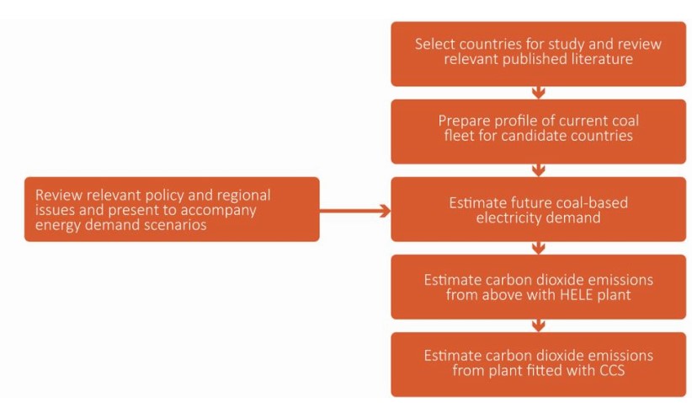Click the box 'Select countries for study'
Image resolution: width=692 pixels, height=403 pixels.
point(538,53)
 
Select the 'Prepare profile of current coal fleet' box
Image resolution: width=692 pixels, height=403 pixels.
point(538,131)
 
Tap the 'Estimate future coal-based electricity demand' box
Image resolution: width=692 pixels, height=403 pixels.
point(538,209)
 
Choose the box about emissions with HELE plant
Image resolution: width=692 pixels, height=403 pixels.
point(538,287)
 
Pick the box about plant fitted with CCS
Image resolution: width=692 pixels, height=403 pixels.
point(538,364)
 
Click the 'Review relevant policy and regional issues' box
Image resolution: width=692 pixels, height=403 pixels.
point(172,209)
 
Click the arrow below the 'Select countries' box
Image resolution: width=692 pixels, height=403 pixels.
point(539,92)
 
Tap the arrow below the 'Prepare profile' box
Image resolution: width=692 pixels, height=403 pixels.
point(539,170)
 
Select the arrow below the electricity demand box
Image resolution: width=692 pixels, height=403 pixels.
point(539,248)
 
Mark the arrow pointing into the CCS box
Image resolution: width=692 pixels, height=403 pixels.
point(539,325)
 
